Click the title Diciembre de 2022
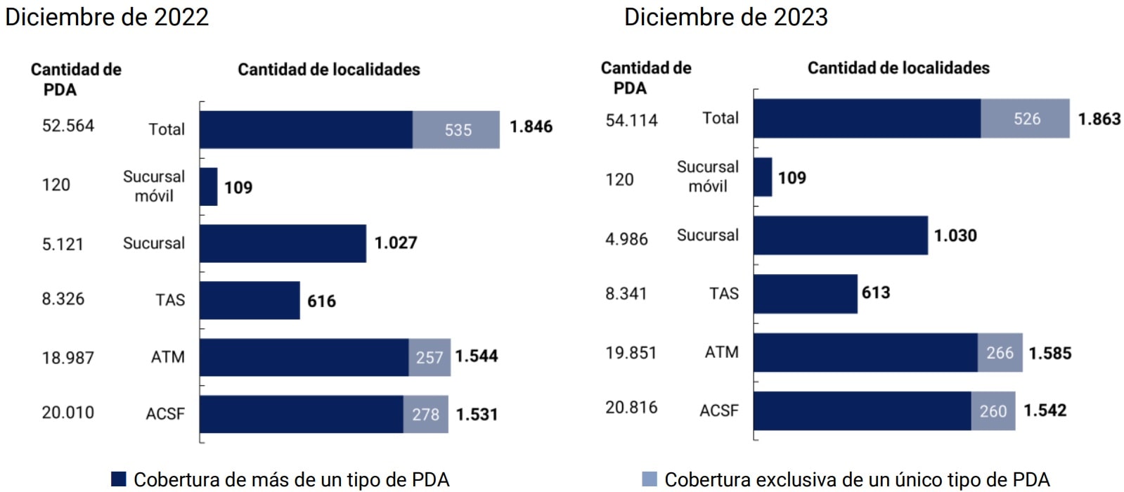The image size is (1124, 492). point(107,16)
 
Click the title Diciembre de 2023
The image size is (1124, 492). point(725,16)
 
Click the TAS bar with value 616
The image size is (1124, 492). point(250,300)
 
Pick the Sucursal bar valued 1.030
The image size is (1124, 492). point(840,235)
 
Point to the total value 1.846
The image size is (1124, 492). point(531,127)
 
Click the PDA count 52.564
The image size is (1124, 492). point(68,125)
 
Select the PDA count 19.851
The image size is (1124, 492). point(631,352)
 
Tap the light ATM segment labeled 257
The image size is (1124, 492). point(429,357)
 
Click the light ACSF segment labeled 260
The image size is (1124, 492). point(993,410)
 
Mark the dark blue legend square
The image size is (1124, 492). point(119,479)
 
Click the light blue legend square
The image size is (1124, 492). point(650,479)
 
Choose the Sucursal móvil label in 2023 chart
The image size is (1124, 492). point(707,176)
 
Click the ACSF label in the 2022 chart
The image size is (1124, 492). point(165,413)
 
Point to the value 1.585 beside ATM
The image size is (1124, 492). point(1049,353)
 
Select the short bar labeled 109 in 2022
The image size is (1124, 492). point(209,186)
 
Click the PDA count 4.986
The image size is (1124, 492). point(626,239)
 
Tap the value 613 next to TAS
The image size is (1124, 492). point(876,292)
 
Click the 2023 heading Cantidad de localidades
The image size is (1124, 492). point(898,68)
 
